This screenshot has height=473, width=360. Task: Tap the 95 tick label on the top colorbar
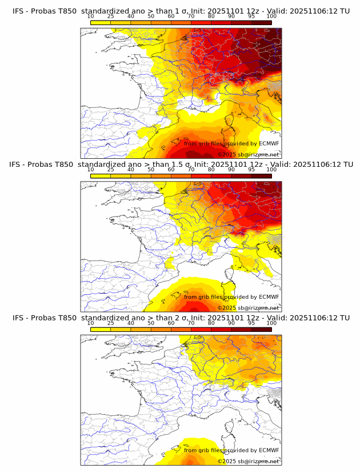(x=251, y=17)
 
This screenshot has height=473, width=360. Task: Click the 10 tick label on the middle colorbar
(x=91, y=170)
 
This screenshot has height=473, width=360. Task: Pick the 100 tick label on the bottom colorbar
(x=271, y=323)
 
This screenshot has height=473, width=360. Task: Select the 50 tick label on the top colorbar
(x=151, y=17)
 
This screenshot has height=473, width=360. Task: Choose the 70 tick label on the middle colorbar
(x=191, y=170)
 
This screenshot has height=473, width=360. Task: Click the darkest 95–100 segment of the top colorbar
(x=261, y=22)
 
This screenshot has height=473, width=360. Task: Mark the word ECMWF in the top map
(x=269, y=143)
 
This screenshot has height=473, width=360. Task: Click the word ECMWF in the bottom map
(x=269, y=450)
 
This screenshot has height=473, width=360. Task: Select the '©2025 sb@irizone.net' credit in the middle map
(x=249, y=307)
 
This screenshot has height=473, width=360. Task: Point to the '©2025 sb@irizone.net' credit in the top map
(x=249, y=154)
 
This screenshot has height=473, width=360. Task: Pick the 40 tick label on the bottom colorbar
(x=131, y=323)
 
